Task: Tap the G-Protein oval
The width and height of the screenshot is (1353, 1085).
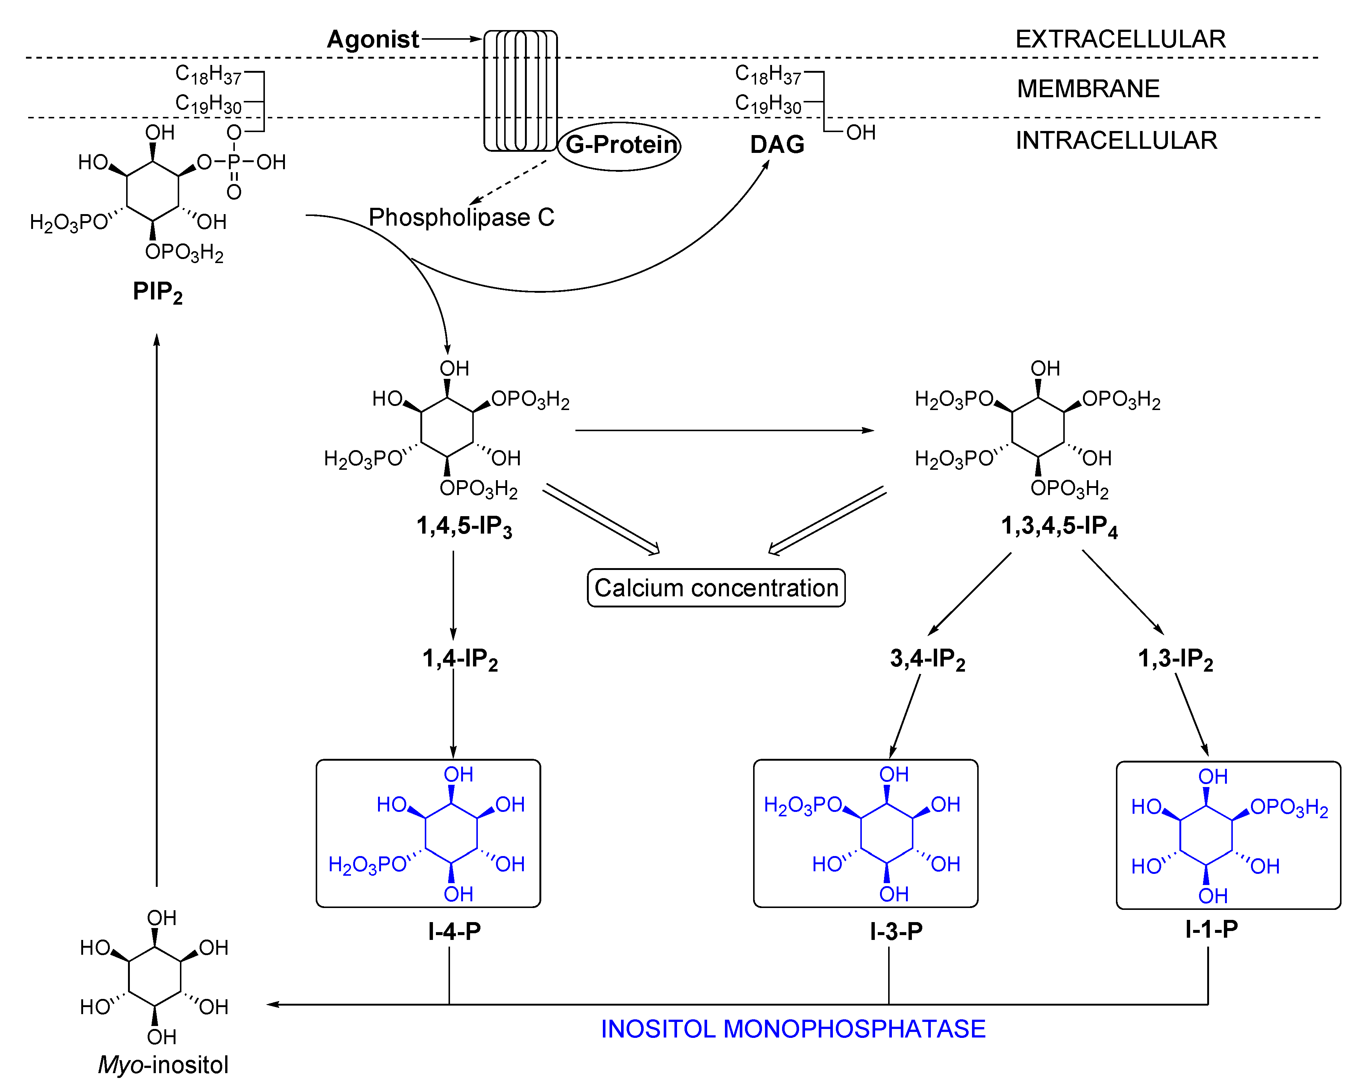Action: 620,145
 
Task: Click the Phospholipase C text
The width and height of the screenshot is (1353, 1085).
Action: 461,217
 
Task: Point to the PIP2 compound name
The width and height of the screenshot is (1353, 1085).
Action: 157,292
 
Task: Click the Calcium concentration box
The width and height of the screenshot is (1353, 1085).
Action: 716,588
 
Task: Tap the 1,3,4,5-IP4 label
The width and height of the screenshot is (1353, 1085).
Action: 1059,526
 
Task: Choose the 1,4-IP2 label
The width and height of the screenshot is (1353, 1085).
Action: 460,659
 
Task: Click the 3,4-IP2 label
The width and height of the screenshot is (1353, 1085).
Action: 927,659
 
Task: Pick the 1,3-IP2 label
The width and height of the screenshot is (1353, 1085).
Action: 1175,659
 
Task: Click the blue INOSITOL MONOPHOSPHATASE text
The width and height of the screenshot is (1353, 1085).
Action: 793,1029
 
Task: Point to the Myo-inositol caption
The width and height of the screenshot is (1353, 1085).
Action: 163,1065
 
